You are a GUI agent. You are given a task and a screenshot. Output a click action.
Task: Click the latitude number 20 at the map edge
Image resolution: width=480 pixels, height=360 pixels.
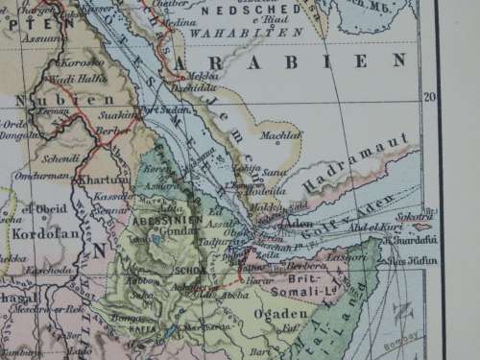pos(430,96)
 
